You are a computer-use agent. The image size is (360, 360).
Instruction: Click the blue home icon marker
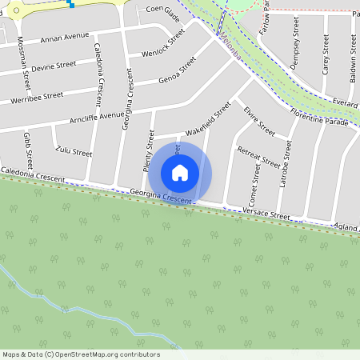(x=180, y=172)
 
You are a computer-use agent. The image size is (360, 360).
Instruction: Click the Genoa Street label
(x=178, y=72)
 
